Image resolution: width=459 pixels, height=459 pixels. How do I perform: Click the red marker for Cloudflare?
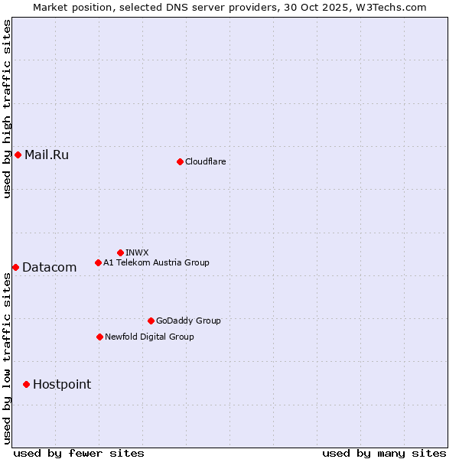[180, 161]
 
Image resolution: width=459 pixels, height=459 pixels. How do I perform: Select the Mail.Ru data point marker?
[18, 155]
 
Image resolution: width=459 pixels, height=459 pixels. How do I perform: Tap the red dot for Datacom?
[15, 267]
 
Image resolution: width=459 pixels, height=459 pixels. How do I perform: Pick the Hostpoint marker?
[26, 384]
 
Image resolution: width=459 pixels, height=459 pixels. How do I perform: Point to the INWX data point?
[120, 252]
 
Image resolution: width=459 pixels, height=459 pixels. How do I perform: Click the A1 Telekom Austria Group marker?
[98, 262]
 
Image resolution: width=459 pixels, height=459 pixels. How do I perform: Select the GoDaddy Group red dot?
[151, 321]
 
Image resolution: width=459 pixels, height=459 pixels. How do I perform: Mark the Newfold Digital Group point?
[99, 337]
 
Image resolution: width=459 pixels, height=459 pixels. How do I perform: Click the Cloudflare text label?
[205, 161]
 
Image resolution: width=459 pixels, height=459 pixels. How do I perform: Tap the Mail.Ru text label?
[47, 155]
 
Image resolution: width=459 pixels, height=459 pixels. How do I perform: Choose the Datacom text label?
[50, 267]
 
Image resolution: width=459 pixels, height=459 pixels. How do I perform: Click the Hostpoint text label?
[62, 384]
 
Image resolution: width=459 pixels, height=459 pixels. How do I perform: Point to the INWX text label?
[137, 252]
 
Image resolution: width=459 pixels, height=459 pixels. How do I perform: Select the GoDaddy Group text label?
[188, 321]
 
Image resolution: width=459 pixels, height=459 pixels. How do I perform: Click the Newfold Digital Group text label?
[149, 337]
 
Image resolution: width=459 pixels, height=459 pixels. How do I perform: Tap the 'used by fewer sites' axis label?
[79, 453]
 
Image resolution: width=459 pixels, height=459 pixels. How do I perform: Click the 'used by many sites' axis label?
[384, 453]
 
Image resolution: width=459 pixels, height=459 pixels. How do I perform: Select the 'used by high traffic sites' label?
[7, 109]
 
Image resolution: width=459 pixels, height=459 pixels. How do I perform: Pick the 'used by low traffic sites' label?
[7, 358]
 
